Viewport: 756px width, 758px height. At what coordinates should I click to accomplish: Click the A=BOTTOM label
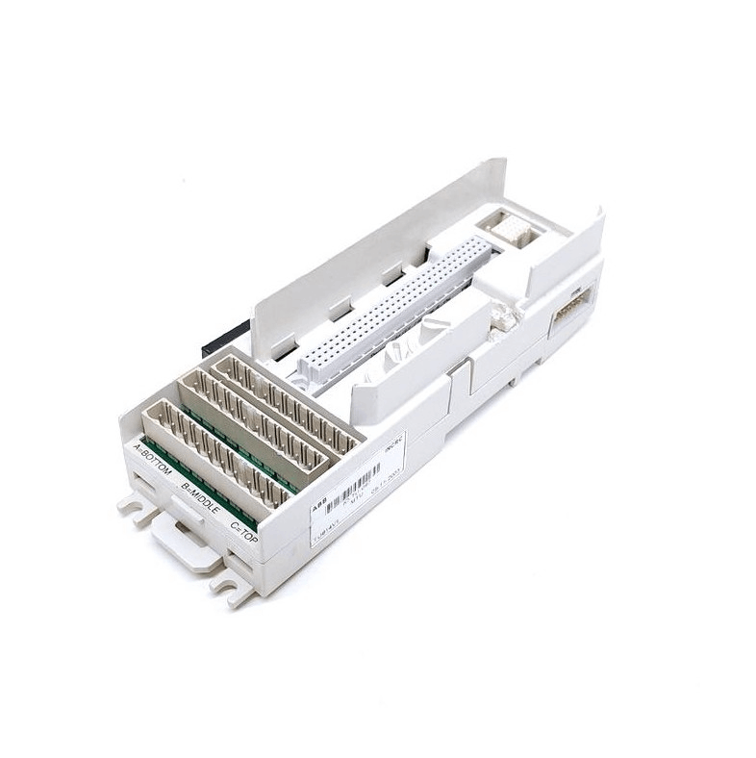tap(151, 460)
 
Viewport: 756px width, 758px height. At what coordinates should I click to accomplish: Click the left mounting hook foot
tap(136, 507)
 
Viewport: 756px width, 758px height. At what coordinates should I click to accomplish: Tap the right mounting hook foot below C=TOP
tap(232, 586)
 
